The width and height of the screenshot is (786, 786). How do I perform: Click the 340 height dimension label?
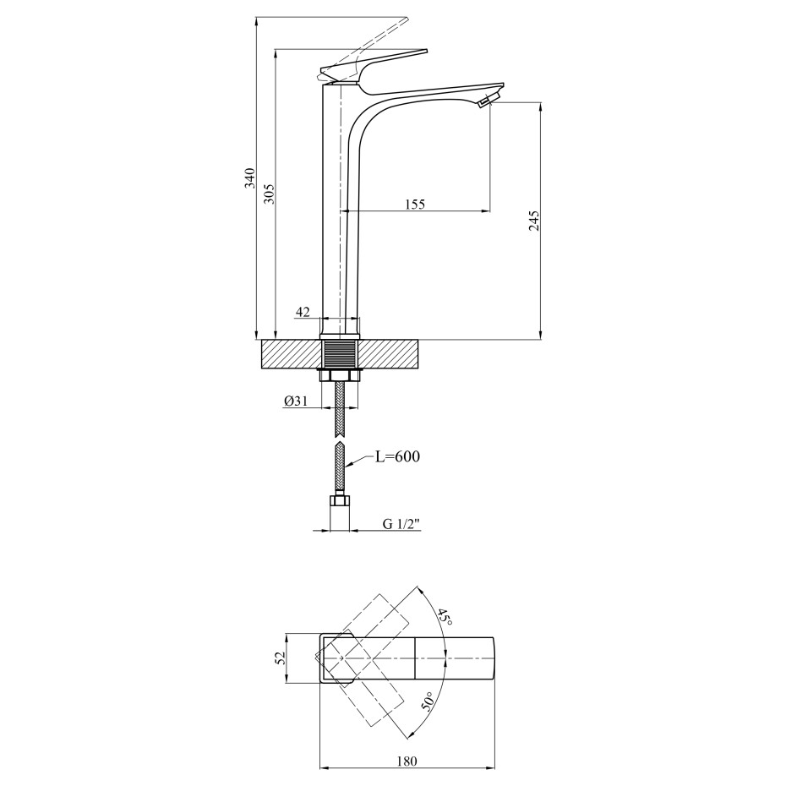(x=249, y=178)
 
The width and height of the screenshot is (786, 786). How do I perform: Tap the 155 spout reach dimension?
(x=415, y=204)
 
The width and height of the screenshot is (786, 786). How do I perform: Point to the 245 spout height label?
(x=534, y=221)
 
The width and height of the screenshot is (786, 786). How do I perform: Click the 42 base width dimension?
(x=303, y=312)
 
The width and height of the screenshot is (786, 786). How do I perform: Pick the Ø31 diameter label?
(x=295, y=401)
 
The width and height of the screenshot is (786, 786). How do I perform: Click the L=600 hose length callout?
(x=397, y=456)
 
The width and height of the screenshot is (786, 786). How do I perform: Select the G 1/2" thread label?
(x=401, y=524)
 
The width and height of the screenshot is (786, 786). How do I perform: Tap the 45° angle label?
(x=444, y=616)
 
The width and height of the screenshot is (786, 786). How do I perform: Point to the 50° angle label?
(x=427, y=701)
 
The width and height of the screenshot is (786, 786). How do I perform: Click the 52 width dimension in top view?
(x=281, y=658)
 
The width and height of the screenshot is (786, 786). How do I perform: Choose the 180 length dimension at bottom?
(x=407, y=761)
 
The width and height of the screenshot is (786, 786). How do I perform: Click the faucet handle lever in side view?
(x=372, y=67)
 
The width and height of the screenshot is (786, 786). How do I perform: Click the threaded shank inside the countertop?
(x=341, y=354)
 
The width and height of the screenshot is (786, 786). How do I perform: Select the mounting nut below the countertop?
(x=341, y=375)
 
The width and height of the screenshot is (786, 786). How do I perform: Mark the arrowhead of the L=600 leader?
(x=347, y=467)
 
